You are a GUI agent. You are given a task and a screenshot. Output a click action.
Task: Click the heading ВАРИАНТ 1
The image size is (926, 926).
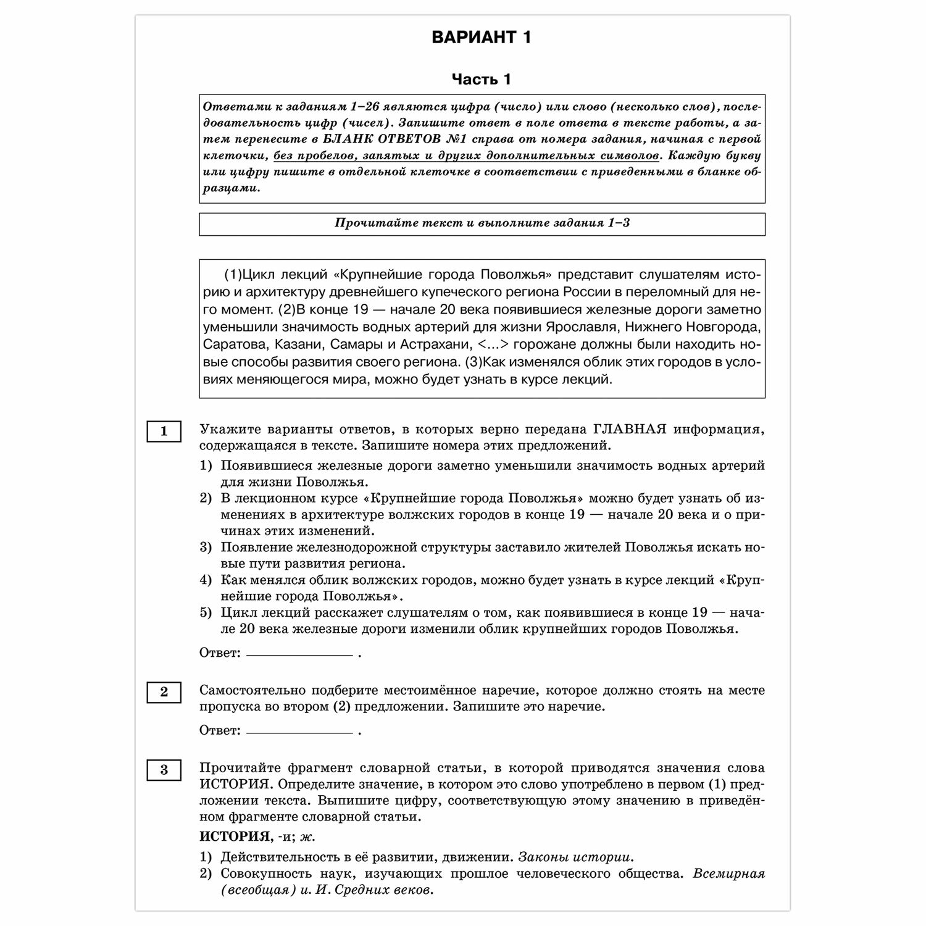click(481, 38)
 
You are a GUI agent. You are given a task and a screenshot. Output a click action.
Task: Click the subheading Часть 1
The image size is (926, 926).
click(481, 80)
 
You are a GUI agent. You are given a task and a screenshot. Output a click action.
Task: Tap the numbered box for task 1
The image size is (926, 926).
click(164, 432)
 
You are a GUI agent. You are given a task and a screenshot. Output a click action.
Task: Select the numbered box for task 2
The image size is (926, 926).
click(164, 692)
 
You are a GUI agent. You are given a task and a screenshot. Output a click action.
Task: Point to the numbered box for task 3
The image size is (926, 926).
click(164, 770)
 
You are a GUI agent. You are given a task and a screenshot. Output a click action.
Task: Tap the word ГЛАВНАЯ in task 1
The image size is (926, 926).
click(630, 430)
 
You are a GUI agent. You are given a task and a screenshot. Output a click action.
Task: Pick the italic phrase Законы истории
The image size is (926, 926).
click(575, 857)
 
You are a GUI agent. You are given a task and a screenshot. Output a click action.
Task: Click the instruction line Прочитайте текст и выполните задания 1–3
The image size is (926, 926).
click(482, 223)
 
